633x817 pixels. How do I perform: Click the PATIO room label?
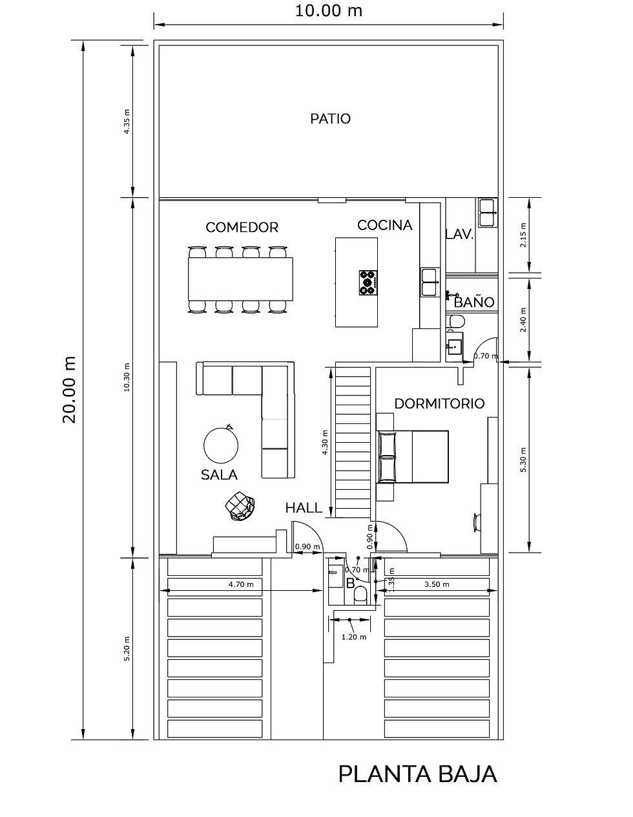pyautogui.click(x=330, y=119)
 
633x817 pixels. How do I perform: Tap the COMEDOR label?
pyautogui.click(x=242, y=228)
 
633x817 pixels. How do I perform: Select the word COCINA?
pyautogui.click(x=385, y=225)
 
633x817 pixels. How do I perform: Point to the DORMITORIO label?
pyautogui.click(x=439, y=403)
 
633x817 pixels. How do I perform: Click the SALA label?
pyautogui.click(x=219, y=475)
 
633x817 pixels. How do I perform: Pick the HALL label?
pyautogui.click(x=304, y=508)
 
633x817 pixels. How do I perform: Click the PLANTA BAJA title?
pyautogui.click(x=418, y=774)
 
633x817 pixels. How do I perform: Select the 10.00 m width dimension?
pyautogui.click(x=329, y=11)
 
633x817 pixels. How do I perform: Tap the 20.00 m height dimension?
pyautogui.click(x=70, y=390)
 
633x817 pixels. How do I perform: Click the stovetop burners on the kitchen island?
pyautogui.click(x=368, y=282)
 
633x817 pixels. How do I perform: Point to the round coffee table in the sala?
pyautogui.click(x=221, y=446)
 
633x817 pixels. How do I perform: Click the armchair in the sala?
pyautogui.click(x=240, y=506)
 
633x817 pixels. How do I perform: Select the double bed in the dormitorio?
pyautogui.click(x=413, y=456)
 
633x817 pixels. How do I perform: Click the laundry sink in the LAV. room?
pyautogui.click(x=488, y=213)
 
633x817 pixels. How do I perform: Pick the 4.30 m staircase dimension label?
pyautogui.click(x=325, y=443)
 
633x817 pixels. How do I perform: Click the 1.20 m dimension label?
pyautogui.click(x=354, y=637)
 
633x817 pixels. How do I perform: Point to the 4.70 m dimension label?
pyautogui.click(x=241, y=584)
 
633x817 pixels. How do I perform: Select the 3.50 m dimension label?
pyautogui.click(x=437, y=584)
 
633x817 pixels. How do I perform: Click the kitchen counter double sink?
pyautogui.click(x=430, y=282)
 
